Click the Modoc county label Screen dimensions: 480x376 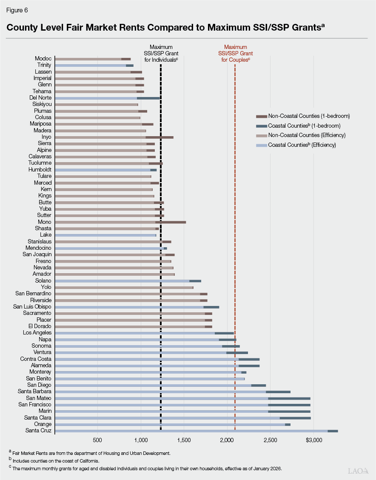(x=43, y=59)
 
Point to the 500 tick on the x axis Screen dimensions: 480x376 (x=97, y=440)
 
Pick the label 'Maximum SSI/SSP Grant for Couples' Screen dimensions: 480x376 (x=235, y=54)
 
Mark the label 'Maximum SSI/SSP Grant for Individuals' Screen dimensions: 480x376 (x=161, y=54)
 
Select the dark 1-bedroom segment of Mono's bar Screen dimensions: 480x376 (x=171, y=222)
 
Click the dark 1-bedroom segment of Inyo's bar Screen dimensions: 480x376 (x=160, y=137)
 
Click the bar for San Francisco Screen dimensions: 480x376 (x=183, y=405)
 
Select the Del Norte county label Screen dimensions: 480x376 (x=40, y=98)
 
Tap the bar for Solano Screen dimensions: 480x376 (x=128, y=281)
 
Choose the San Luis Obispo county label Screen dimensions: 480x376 (x=32, y=307)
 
